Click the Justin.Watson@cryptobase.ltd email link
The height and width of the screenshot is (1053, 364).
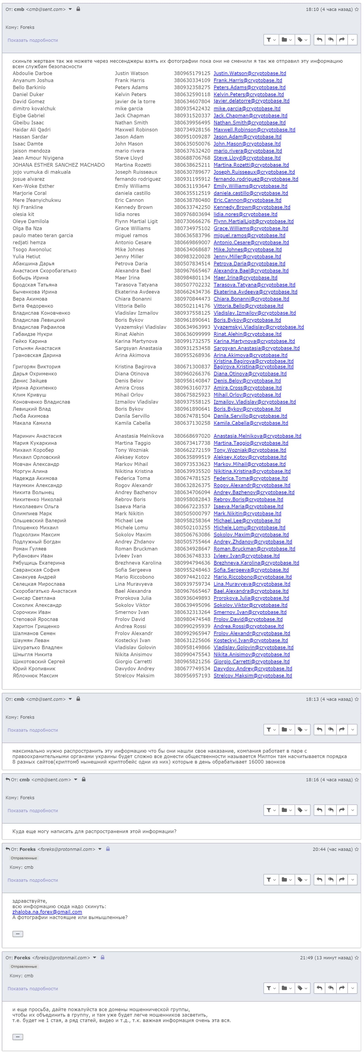(250, 74)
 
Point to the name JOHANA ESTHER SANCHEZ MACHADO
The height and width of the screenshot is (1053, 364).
(58, 165)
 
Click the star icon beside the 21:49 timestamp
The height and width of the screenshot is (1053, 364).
(357, 958)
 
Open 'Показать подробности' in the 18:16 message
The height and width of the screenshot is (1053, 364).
(33, 811)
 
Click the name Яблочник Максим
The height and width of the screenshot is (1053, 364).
(35, 676)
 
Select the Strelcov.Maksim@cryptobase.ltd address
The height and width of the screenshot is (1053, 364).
(252, 676)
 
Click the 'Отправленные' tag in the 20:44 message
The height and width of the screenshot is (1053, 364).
(24, 858)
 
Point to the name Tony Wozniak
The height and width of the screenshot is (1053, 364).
(132, 450)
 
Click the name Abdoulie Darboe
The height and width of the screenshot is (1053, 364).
(32, 74)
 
